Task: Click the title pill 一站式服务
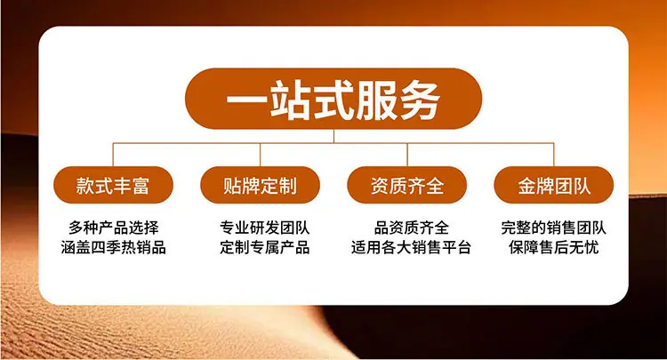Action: [333, 99]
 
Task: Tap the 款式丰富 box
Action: [113, 185]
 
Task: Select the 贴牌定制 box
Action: [260, 185]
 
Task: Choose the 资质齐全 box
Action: [407, 185]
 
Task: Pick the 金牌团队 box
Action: [554, 185]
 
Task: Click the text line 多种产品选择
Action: [114, 228]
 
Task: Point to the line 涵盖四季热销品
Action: [114, 247]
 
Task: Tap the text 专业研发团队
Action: [265, 228]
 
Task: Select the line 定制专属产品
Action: [265, 247]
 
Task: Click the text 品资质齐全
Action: [412, 228]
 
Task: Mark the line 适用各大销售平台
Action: [412, 247]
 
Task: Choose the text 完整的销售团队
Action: [553, 228]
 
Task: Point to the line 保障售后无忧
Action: [553, 247]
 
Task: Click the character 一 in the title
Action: [247, 100]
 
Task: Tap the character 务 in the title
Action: [420, 100]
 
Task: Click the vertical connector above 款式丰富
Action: [113, 155]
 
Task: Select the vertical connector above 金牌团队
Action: [554, 155]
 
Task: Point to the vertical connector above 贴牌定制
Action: [260, 155]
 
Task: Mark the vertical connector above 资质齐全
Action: [407, 155]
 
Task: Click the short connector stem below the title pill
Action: [333, 136]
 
